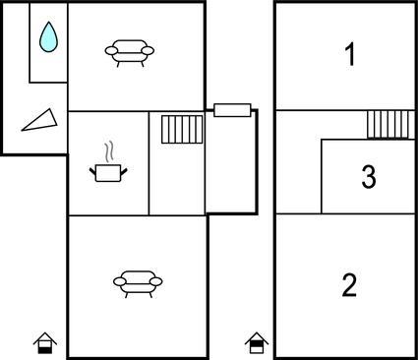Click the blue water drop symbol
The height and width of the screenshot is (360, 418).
(x=48, y=37)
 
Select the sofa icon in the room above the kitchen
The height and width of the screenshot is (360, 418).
(x=130, y=53)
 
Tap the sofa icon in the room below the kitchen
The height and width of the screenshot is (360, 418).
(x=138, y=284)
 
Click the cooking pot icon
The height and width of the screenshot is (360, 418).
(x=108, y=173)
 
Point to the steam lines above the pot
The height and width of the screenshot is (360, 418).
(x=110, y=151)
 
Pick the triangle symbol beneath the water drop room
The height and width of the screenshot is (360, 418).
(x=41, y=121)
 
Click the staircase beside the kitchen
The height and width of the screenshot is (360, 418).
(x=182, y=129)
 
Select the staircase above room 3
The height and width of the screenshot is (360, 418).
(x=390, y=125)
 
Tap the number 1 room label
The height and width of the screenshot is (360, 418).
(x=350, y=55)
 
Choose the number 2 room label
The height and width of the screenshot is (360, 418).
(x=349, y=285)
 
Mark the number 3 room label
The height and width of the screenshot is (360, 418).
(x=369, y=176)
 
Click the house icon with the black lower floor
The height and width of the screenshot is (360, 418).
(x=45, y=343)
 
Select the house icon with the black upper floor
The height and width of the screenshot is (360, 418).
(x=257, y=343)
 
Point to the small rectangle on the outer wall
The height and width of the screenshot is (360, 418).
(x=232, y=110)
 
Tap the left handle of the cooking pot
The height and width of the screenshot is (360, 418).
(x=92, y=171)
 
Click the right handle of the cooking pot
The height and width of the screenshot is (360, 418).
(x=124, y=171)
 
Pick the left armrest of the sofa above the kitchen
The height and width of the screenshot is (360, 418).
(x=111, y=51)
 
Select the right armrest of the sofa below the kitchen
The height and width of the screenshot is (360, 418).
(x=156, y=281)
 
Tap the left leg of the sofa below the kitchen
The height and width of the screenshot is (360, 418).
(x=127, y=295)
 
